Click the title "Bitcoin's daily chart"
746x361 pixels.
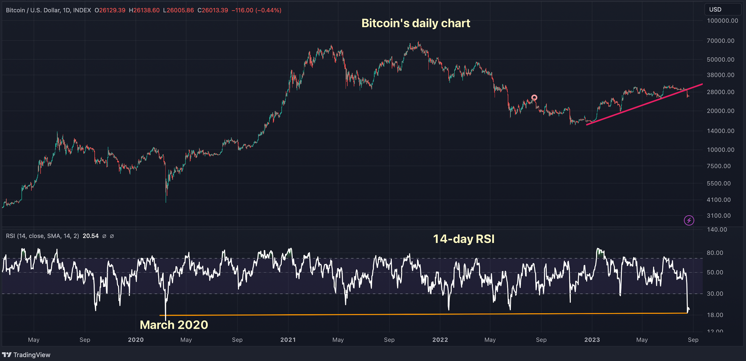(x=416, y=23)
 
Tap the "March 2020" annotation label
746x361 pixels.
(x=174, y=325)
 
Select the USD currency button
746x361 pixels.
(x=715, y=10)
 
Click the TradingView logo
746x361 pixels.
(x=26, y=355)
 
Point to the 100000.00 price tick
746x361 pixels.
(x=722, y=21)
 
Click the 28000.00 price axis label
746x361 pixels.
(x=720, y=92)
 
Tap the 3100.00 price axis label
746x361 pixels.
(x=719, y=216)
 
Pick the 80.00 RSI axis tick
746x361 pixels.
(x=715, y=253)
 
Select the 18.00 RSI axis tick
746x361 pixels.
(x=715, y=315)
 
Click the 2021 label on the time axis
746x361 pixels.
(x=288, y=340)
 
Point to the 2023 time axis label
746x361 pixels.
(x=592, y=340)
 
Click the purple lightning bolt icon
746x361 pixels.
(x=689, y=220)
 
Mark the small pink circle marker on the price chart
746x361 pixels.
(x=534, y=98)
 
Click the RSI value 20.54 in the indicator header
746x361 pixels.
(x=90, y=236)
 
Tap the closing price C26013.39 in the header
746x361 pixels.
(x=213, y=10)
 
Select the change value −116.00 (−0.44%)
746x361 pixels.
(x=256, y=10)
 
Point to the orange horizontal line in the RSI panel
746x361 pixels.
(x=406, y=314)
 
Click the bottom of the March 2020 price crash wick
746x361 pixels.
(x=166, y=202)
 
